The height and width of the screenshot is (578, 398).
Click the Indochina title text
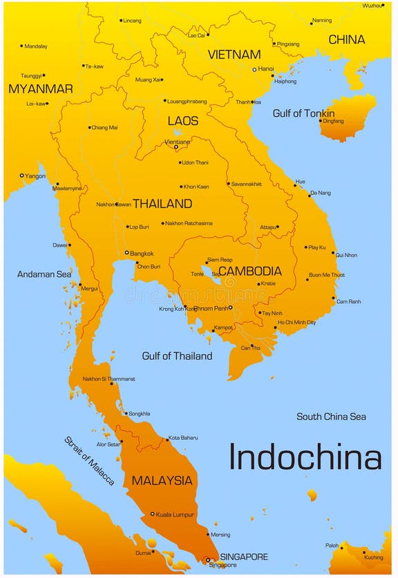(305, 458)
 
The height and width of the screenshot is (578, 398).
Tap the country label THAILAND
(162, 204)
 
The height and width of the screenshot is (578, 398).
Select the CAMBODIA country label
(249, 271)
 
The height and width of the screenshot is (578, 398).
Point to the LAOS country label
(183, 121)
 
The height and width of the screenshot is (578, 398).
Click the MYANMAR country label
(40, 89)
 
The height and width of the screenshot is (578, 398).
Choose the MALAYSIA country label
(162, 481)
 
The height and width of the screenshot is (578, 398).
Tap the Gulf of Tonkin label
(303, 113)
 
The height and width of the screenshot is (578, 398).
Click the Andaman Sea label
(44, 274)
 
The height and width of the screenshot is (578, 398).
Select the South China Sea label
(331, 416)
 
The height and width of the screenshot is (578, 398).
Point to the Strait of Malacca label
(90, 461)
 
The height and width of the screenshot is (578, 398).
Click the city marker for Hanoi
(254, 69)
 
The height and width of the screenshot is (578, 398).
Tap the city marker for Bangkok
(126, 253)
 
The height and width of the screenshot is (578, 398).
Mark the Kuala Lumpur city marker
(153, 514)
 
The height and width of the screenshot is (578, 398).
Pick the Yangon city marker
(21, 175)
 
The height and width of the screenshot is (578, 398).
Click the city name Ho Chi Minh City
(296, 322)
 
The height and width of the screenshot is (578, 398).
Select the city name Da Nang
(320, 193)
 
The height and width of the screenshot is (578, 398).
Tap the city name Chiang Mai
(104, 127)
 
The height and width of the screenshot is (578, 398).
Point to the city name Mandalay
(36, 46)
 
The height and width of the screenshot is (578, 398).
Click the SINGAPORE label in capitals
(244, 557)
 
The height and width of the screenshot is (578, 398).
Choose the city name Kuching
(373, 557)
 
